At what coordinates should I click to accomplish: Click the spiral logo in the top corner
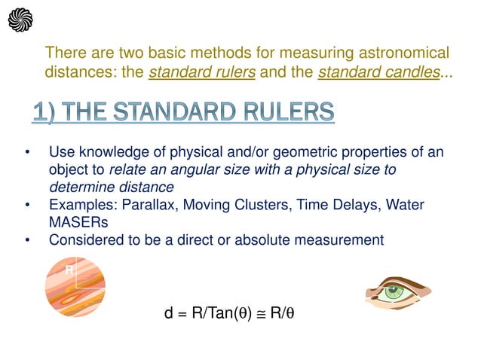tap(20, 20)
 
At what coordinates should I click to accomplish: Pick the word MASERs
tap(79, 223)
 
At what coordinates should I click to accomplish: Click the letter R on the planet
tap(69, 269)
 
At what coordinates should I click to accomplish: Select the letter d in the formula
tap(170, 314)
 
